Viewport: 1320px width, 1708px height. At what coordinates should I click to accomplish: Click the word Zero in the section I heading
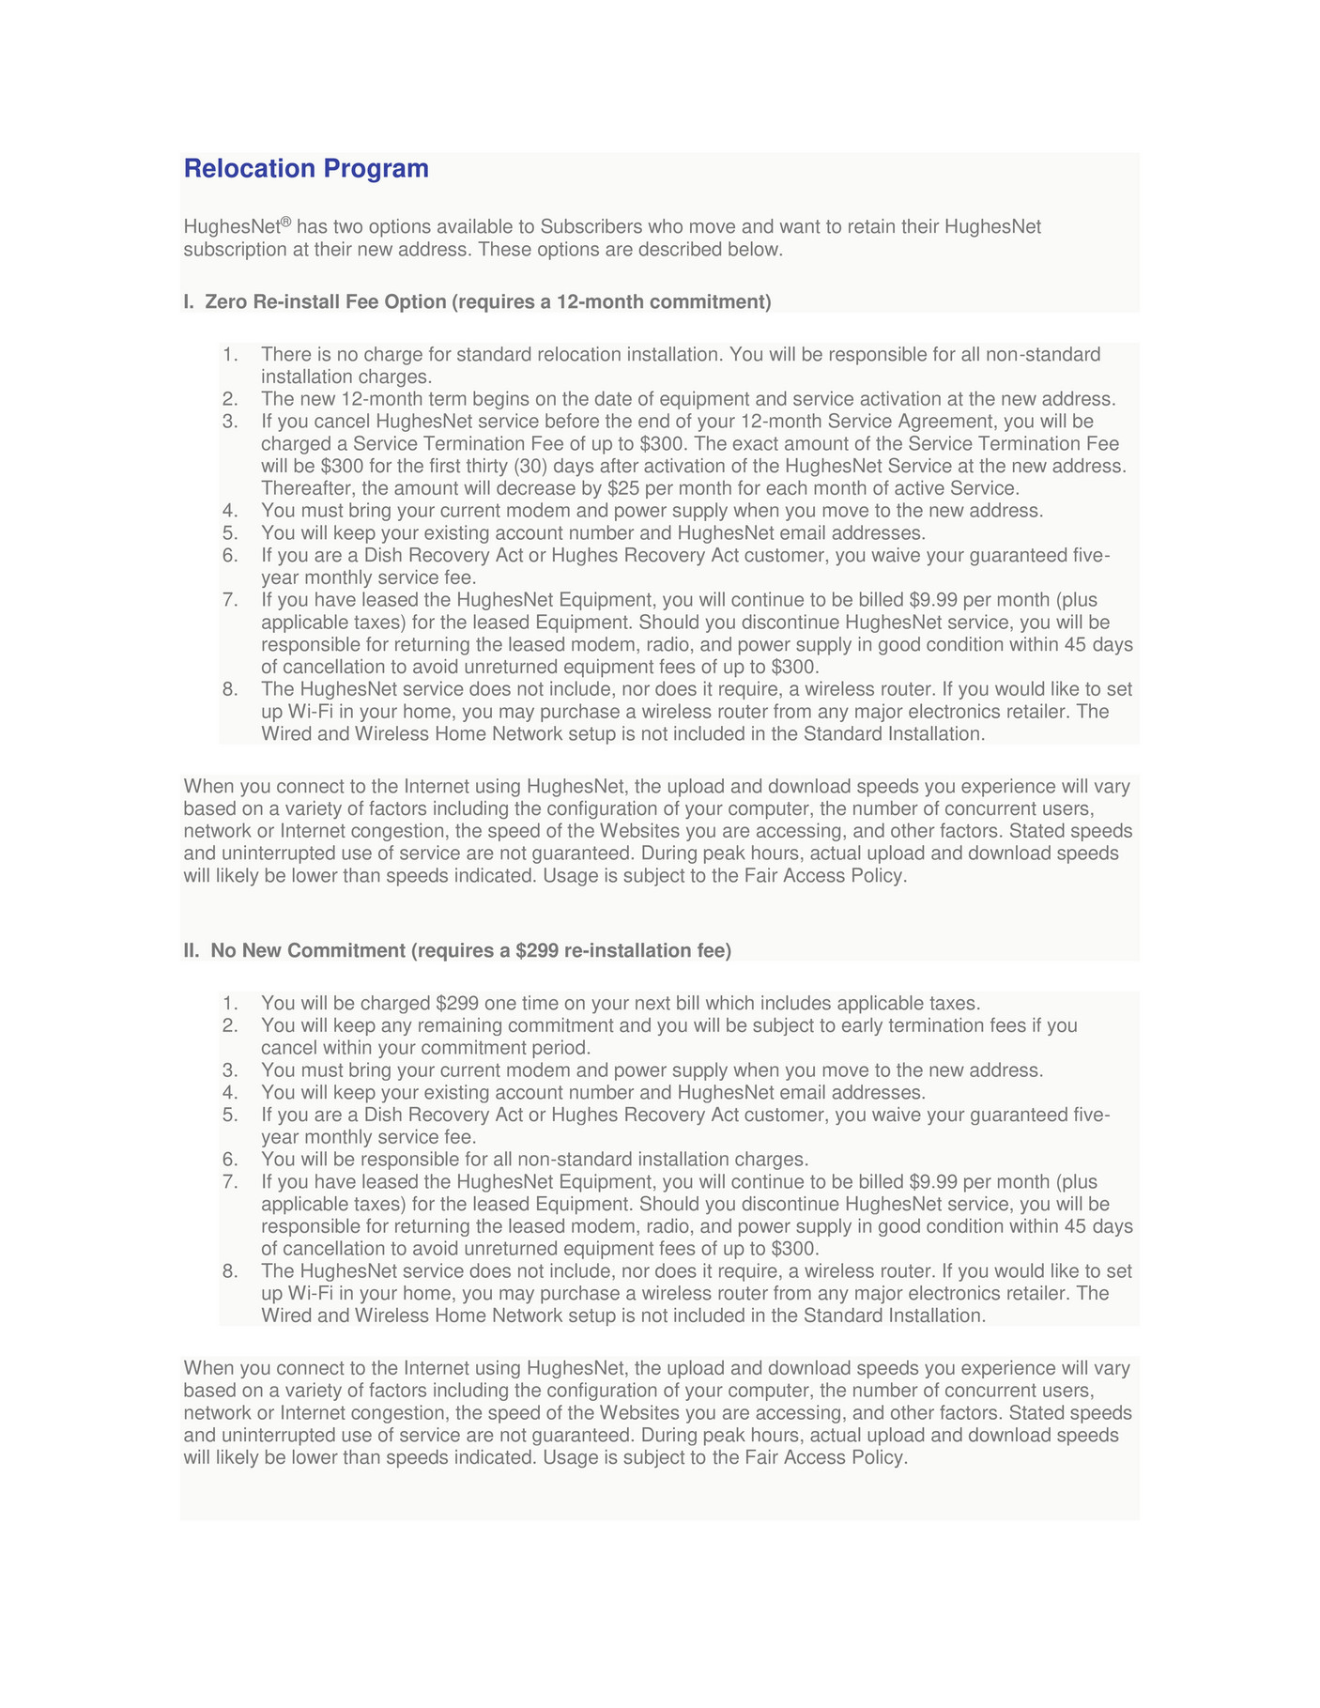(x=225, y=301)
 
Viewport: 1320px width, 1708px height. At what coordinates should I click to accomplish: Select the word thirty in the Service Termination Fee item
(x=487, y=466)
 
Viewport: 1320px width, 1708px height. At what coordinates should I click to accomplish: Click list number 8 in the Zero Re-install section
(x=230, y=689)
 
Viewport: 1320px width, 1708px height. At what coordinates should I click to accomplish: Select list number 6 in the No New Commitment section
(x=230, y=1160)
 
